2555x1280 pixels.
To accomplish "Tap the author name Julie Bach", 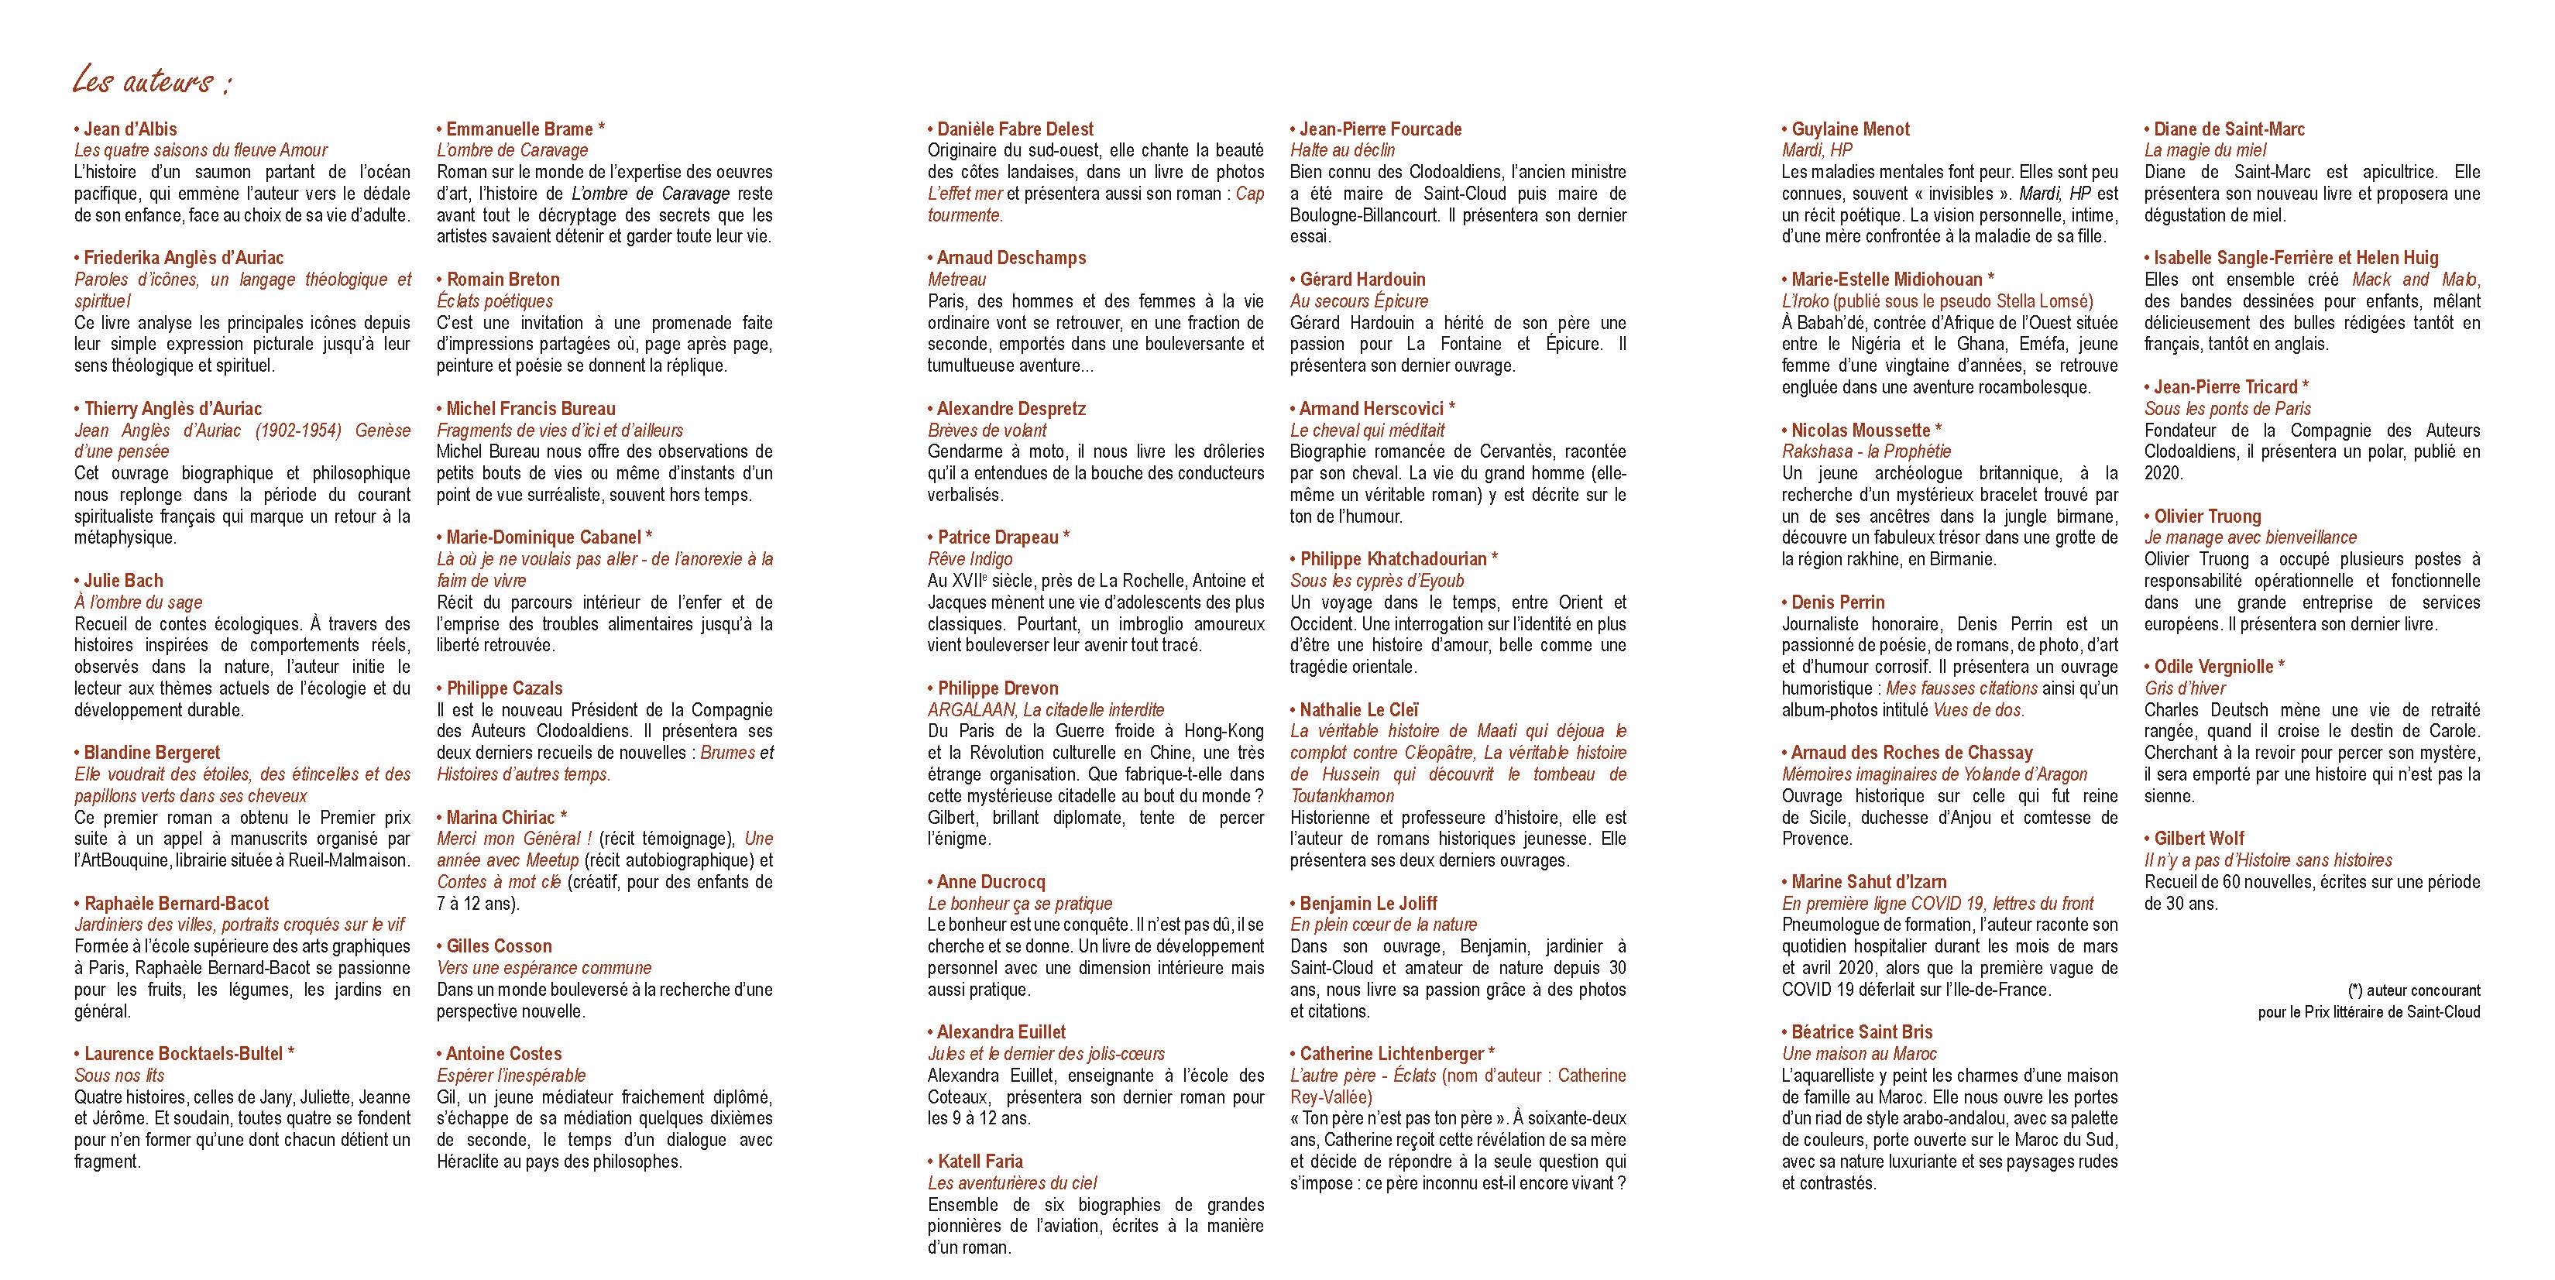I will pyautogui.click(x=123, y=580).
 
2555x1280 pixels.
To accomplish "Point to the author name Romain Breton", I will pyautogui.click(x=502, y=280).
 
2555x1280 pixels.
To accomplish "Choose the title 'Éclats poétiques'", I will pyautogui.click(x=495, y=301).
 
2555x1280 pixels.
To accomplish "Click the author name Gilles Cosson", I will pyautogui.click(x=499, y=946).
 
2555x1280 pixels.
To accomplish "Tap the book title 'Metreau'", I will pyautogui.click(x=957, y=280).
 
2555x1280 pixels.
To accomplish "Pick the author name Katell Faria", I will pyautogui.click(x=979, y=1161).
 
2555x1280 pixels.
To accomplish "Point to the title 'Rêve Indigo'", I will pyautogui.click(x=970, y=559).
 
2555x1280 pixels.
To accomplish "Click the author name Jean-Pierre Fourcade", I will pyautogui.click(x=1379, y=129).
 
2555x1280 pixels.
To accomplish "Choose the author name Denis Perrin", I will pyautogui.click(x=1837, y=602).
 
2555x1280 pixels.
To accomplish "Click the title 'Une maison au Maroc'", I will pyautogui.click(x=1859, y=1054).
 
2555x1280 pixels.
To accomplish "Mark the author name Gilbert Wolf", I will pyautogui.click(x=2198, y=838).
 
